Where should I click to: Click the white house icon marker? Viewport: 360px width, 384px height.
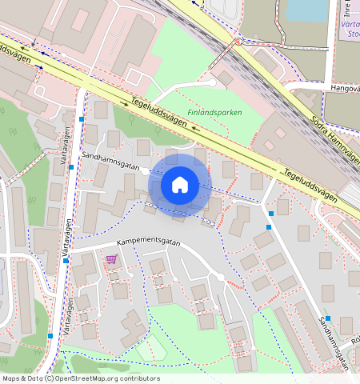[x=180, y=186]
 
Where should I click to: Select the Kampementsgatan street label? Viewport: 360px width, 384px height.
[x=149, y=242]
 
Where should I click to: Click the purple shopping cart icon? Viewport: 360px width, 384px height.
[x=111, y=259]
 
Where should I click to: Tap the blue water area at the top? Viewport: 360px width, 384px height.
[x=308, y=9]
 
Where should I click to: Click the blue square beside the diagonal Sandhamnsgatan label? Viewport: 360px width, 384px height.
[x=327, y=318]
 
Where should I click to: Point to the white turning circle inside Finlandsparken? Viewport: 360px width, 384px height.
[x=211, y=82]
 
